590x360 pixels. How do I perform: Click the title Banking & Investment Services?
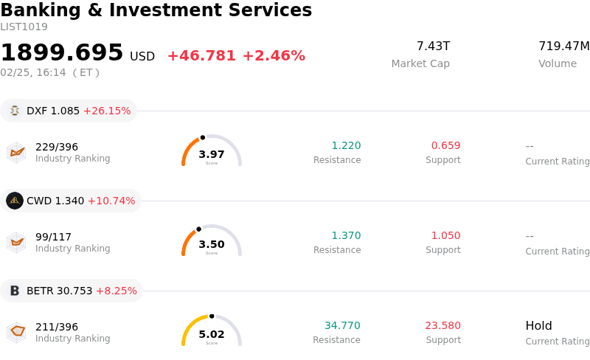click(x=156, y=11)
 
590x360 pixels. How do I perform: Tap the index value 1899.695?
click(x=62, y=53)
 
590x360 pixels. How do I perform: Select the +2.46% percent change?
click(x=274, y=56)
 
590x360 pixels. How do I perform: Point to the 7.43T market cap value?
click(x=433, y=46)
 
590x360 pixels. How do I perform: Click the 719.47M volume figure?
click(x=563, y=46)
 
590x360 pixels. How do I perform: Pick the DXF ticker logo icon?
click(x=15, y=111)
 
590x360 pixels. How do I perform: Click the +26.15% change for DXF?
click(x=107, y=111)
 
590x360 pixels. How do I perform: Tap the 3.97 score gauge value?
click(x=212, y=154)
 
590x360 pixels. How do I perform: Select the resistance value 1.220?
click(x=346, y=146)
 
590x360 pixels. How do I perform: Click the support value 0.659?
click(x=445, y=146)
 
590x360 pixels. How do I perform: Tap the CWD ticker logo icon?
click(x=15, y=201)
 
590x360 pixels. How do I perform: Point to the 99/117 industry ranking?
click(x=53, y=237)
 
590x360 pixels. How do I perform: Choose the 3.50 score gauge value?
click(x=212, y=244)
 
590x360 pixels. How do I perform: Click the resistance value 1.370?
click(x=346, y=236)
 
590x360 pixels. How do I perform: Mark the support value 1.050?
click(x=445, y=236)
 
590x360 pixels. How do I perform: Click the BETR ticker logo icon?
click(x=15, y=291)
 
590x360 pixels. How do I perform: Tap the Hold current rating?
click(x=538, y=326)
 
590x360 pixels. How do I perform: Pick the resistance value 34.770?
click(x=342, y=326)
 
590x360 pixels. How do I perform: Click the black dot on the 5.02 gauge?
click(x=212, y=316)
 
